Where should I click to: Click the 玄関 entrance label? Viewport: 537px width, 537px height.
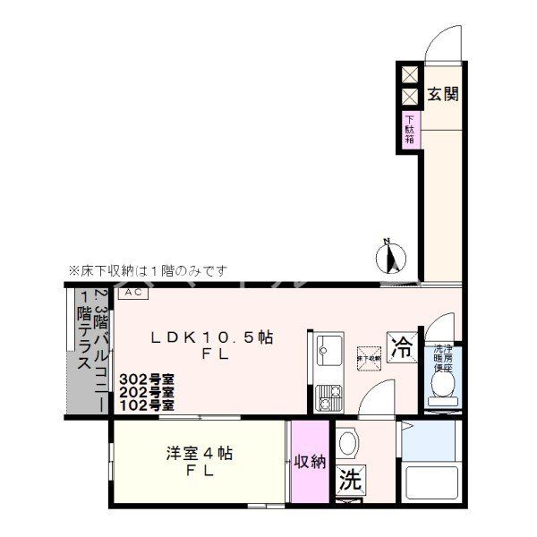[442, 93]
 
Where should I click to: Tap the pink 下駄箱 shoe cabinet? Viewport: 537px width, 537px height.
[409, 130]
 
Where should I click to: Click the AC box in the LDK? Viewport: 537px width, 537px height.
[132, 293]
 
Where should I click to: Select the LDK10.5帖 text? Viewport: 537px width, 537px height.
[211, 337]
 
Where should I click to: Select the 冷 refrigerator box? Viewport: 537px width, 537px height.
[403, 347]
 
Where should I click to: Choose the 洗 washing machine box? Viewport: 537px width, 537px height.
[350, 480]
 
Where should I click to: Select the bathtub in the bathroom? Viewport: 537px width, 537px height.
[430, 483]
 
